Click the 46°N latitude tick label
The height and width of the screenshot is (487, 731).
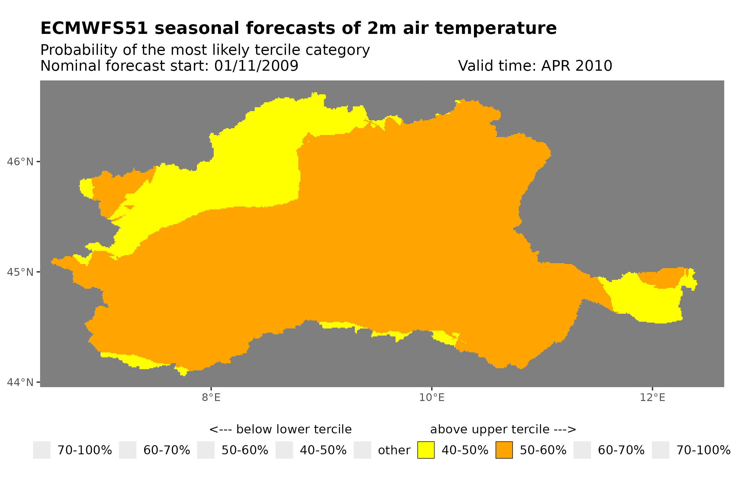pos(20,162)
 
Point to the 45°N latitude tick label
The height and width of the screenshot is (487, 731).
pos(20,272)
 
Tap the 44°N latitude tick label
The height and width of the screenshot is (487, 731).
pos(20,382)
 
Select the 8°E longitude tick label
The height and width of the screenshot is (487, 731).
pos(211,397)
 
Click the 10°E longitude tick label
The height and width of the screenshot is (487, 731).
pos(432,397)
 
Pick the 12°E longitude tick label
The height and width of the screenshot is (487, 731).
pos(652,397)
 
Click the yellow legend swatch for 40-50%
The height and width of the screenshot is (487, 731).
pos(426,450)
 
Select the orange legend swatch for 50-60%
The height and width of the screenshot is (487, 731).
pos(504,450)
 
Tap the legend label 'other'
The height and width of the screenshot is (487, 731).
pos(394,450)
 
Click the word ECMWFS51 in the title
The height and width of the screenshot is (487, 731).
pos(94,28)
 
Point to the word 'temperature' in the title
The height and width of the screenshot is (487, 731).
pos(495,28)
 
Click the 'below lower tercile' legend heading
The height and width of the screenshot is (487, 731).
pos(294,429)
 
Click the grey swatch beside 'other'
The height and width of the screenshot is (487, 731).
pos(362,450)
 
